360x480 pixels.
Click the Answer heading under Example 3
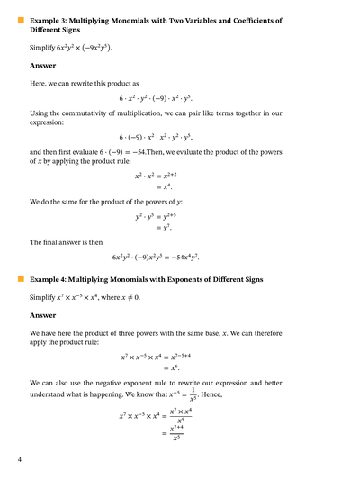click(42, 66)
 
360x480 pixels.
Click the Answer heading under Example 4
click(42, 315)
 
